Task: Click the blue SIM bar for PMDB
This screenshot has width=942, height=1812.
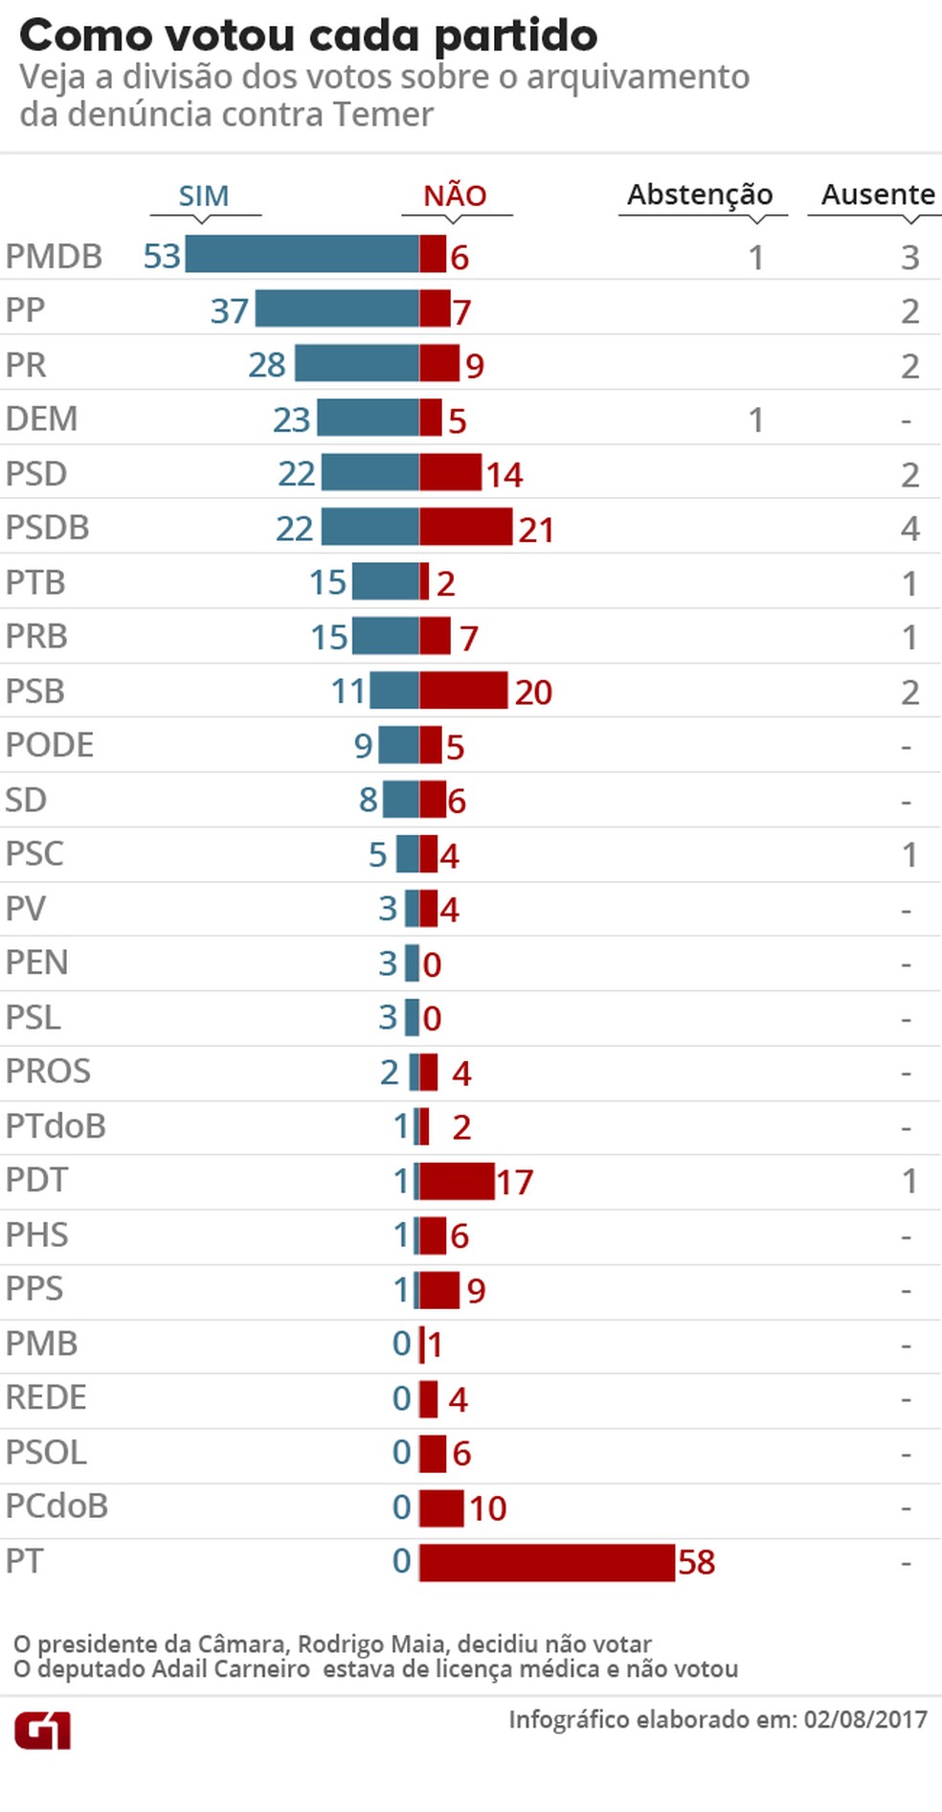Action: [302, 255]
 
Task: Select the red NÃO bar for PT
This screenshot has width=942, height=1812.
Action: [547, 1562]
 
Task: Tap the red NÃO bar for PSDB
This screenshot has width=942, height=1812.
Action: [465, 528]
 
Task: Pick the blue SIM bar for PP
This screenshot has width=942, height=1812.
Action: [337, 309]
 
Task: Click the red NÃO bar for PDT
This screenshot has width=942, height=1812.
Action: [457, 1182]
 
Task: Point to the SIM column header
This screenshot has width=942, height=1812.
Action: [204, 195]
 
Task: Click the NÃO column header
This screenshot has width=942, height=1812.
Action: [456, 195]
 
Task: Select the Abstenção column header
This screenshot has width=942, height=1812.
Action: [700, 194]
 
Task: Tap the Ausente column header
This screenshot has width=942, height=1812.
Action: [878, 194]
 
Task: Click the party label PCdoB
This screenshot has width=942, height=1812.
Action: [56, 1506]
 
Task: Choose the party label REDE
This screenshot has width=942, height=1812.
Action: [46, 1398]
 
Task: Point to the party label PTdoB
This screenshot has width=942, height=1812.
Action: [56, 1126]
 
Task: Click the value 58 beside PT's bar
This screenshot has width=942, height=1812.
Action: [697, 1563]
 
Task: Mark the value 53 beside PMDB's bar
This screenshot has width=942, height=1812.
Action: [162, 257]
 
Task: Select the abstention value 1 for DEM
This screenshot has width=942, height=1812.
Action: [756, 420]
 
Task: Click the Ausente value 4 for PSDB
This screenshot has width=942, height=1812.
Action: [909, 529]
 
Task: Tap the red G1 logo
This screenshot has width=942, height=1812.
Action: [42, 1732]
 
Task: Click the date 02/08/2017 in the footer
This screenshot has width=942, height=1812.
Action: [865, 1719]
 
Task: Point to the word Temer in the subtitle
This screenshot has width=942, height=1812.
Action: [383, 115]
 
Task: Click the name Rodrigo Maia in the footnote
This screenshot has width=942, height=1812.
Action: [371, 1644]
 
